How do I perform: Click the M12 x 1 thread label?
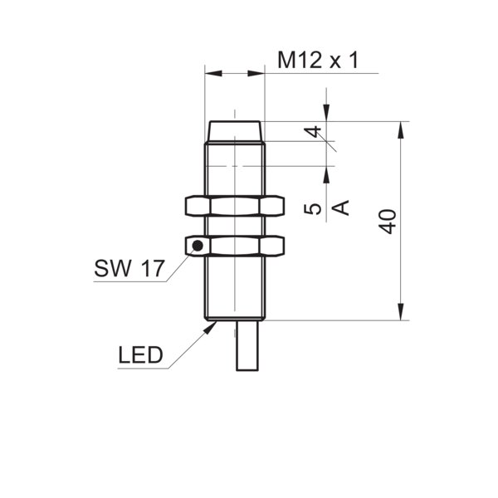(318, 60)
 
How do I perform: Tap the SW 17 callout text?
(129, 268)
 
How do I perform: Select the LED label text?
(140, 354)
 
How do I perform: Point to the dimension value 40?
(388, 222)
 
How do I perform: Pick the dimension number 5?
(313, 209)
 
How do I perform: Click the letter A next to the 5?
(340, 207)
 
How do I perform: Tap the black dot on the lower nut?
(198, 245)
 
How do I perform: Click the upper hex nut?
(235, 207)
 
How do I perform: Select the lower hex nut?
(235, 246)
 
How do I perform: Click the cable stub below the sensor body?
(247, 345)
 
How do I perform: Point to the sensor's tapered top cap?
(235, 131)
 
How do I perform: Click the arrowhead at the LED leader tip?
(210, 328)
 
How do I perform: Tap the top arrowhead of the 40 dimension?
(401, 129)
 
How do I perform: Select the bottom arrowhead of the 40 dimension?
(401, 312)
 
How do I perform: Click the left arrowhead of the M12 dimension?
(213, 74)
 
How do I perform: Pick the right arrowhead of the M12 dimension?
(256, 74)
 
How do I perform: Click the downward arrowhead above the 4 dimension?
(326, 112)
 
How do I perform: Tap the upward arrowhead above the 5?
(326, 174)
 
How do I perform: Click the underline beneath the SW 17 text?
(130, 281)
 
